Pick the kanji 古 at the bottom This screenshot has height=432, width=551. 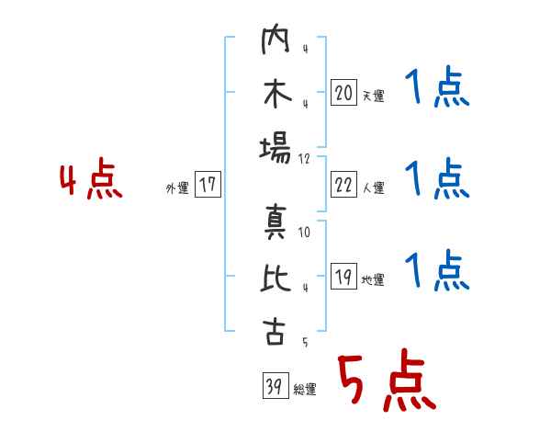tap(275, 330)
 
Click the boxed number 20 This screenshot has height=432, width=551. tap(343, 93)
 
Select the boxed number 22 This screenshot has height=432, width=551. tap(343, 185)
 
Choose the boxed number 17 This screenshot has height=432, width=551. tap(208, 185)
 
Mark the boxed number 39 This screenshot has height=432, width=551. tap(272, 387)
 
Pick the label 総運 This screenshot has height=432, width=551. tap(305, 390)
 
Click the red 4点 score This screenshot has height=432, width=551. tap(91, 181)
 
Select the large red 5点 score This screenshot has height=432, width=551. tap(385, 382)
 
